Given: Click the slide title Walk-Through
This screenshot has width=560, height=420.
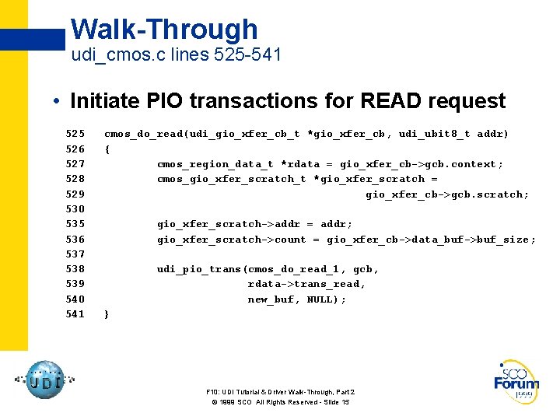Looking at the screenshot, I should coord(164,30).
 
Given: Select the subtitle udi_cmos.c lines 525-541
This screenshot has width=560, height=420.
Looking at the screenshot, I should coord(176,56).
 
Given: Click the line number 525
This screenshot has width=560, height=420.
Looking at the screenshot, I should coord(75,134).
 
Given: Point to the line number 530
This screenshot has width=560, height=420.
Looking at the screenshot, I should coord(75,209).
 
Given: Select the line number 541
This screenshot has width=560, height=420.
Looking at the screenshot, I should coord(75,314).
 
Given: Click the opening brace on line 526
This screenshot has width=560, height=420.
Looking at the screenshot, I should coord(107,149).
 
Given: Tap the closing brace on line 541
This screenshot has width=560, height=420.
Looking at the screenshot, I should coord(107,314).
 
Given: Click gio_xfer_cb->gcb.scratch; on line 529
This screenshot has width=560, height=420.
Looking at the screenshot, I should coord(447,194).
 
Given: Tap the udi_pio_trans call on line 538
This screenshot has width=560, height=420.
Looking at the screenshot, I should coord(198,269).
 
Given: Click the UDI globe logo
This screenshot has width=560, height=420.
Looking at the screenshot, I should coord(44,380).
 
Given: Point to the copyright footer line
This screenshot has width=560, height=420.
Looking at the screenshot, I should coord(280,402).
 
